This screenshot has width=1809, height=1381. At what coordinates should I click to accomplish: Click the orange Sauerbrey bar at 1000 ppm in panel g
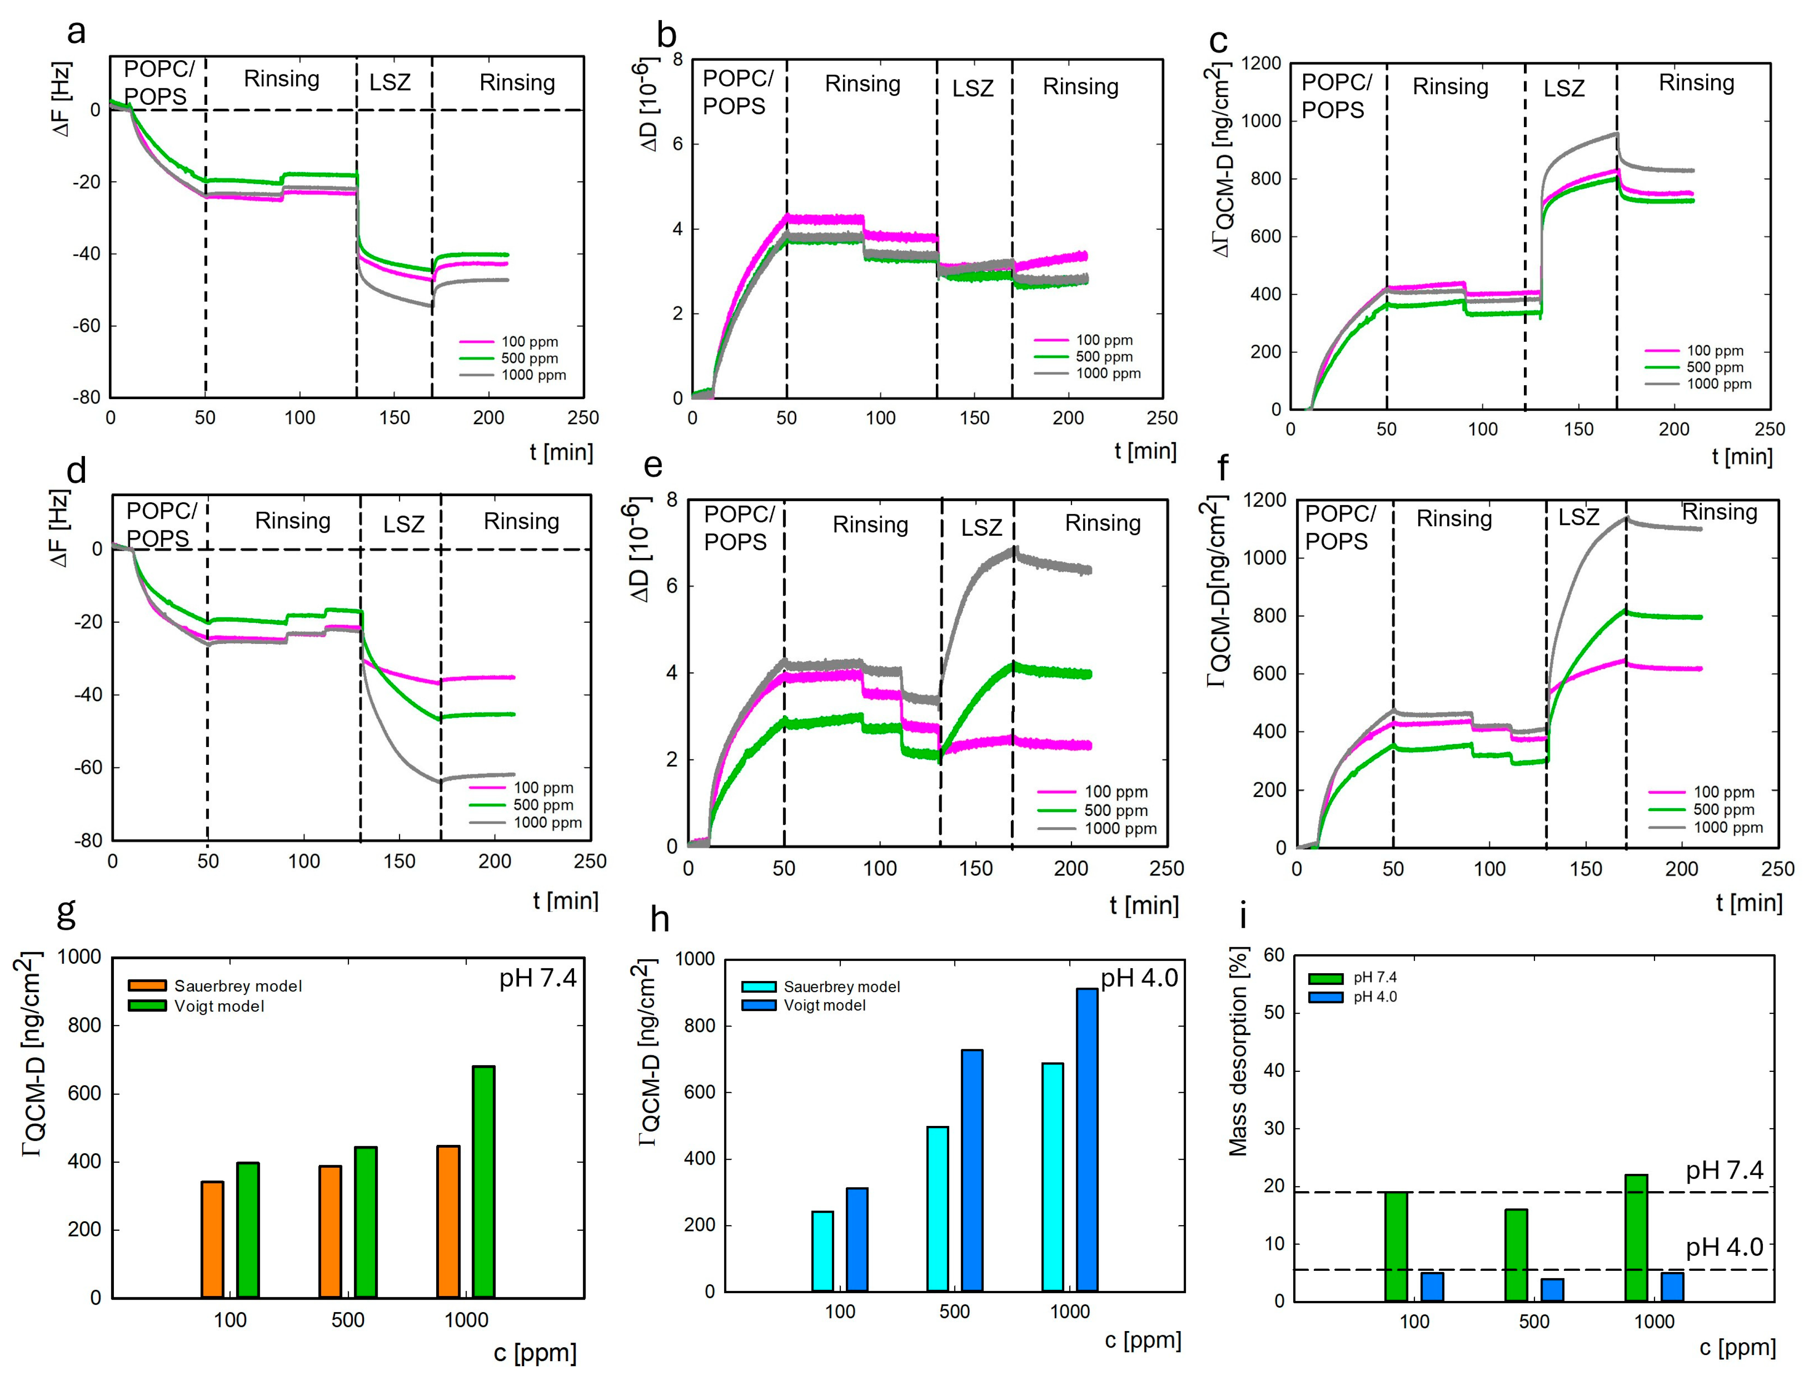tap(448, 1222)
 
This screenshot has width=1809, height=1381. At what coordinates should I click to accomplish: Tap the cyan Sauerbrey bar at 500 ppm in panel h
tap(937, 1208)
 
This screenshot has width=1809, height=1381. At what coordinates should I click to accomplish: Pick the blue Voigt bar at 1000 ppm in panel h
tap(1086, 1139)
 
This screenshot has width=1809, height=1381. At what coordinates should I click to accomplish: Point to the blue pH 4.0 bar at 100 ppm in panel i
tap(1432, 1286)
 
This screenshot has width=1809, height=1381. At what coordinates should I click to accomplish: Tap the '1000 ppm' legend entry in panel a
tap(513, 375)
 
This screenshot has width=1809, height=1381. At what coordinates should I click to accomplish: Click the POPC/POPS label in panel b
tap(737, 92)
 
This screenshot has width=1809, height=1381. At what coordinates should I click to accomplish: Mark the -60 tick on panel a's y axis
tap(86, 326)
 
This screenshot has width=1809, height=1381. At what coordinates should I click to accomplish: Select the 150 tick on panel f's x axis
tap(1585, 869)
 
